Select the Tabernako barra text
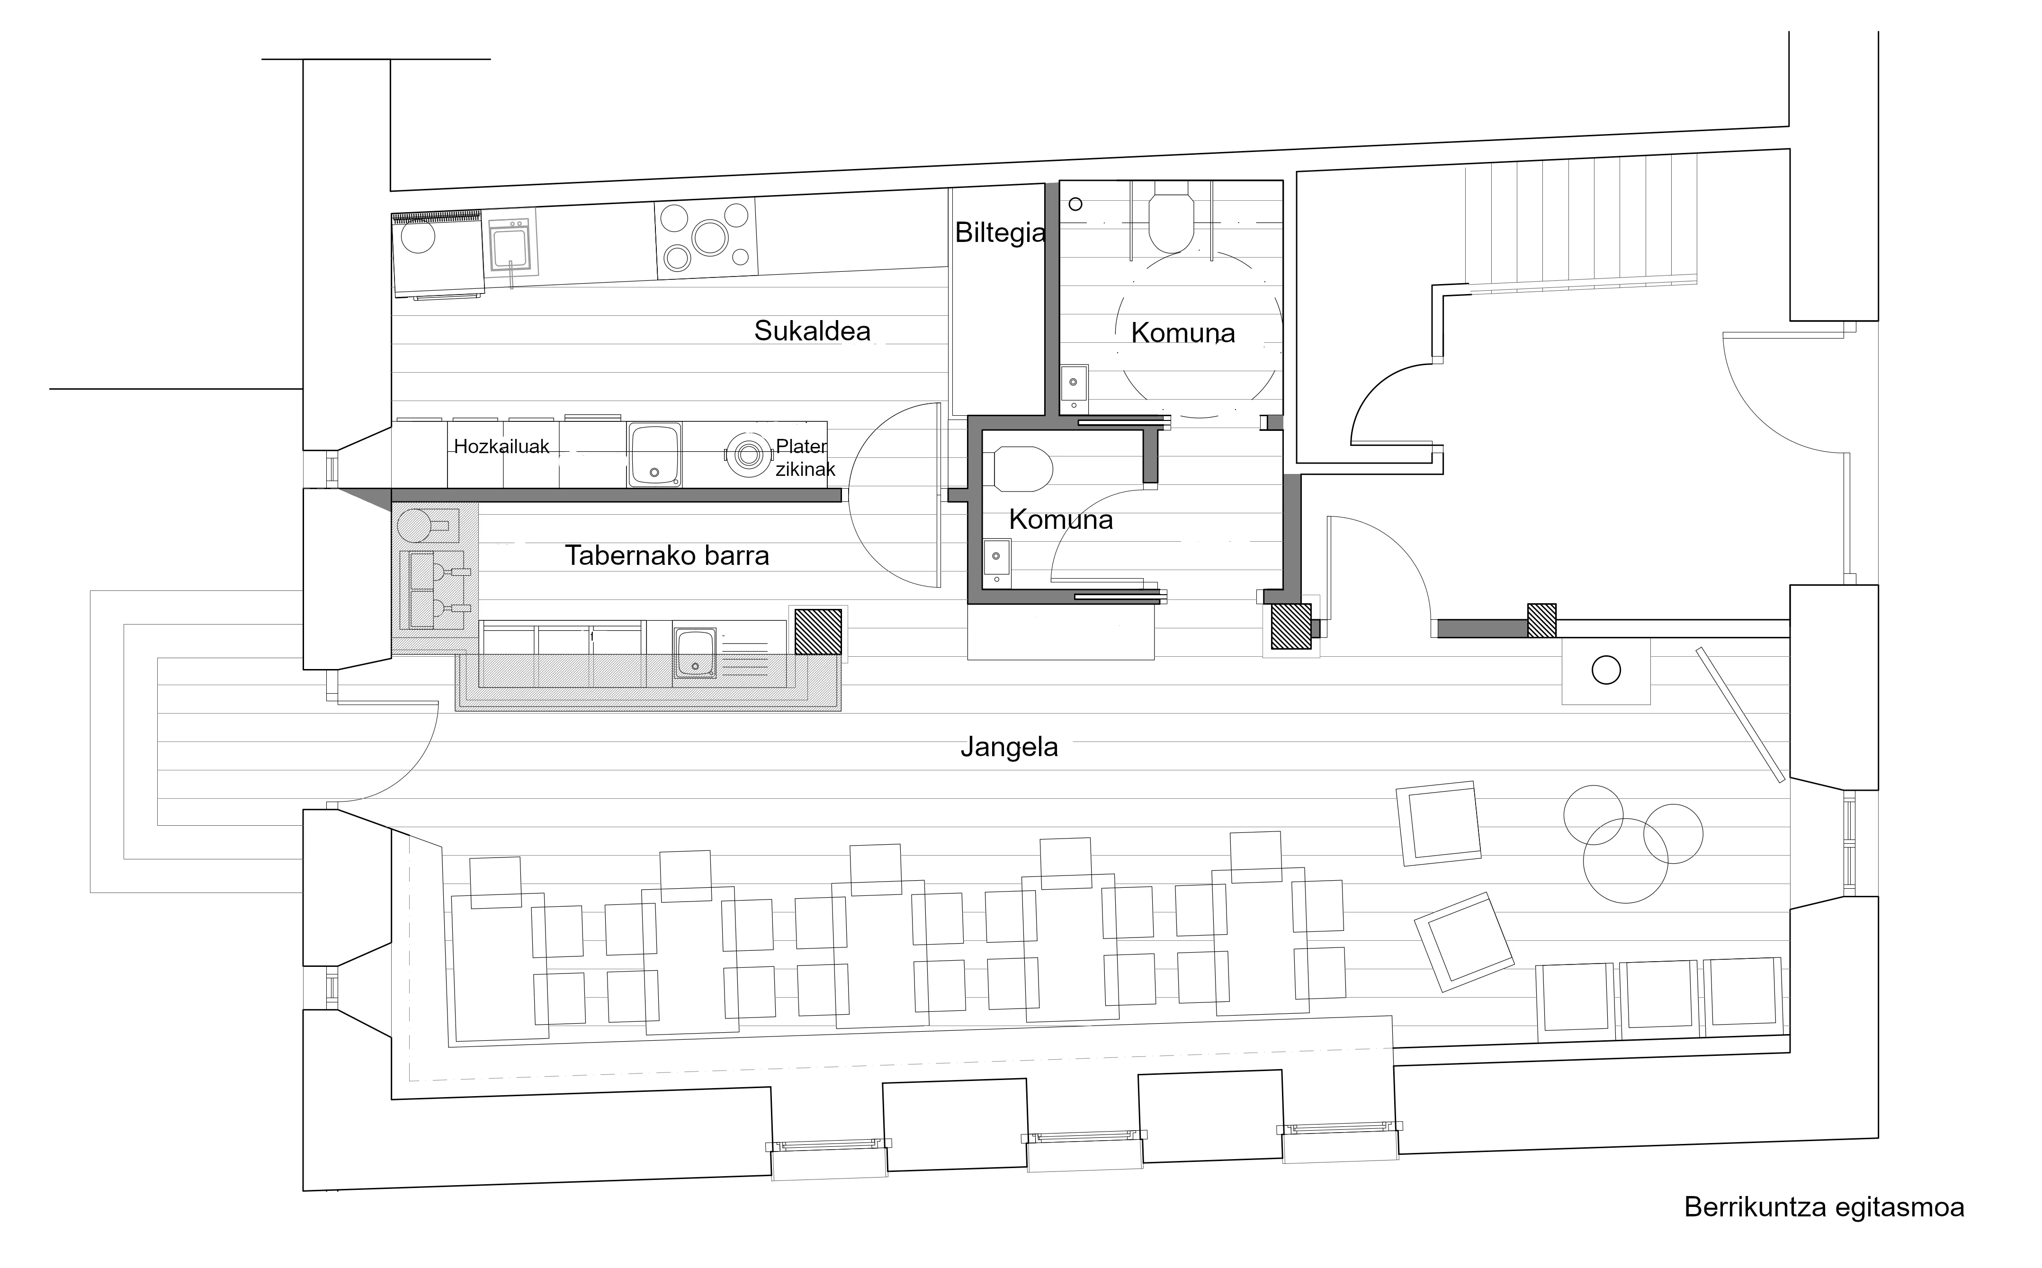click(667, 555)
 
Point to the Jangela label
click(1009, 746)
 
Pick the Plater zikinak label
click(805, 458)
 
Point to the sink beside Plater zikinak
click(654, 455)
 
